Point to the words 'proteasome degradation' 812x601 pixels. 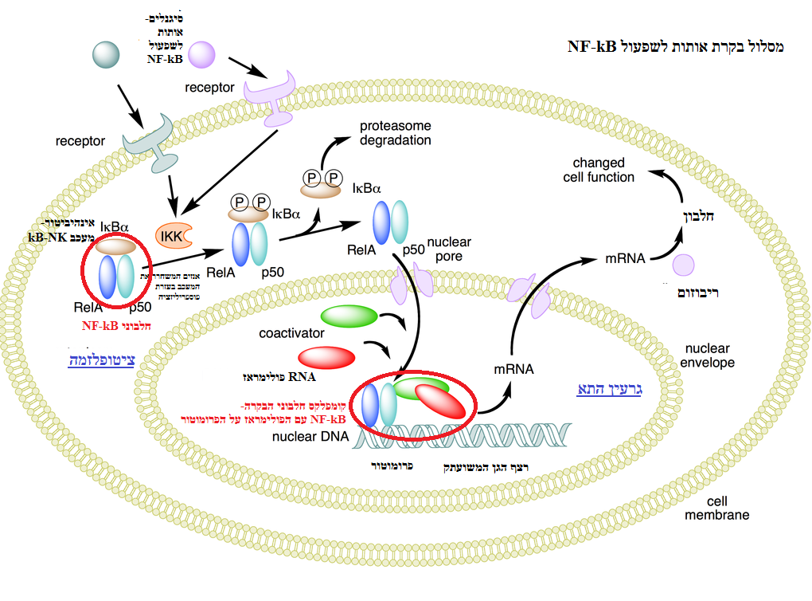[x=395, y=133]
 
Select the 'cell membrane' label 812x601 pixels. [x=716, y=509]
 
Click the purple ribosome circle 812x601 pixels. [x=684, y=266]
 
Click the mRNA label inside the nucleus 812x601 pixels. [x=513, y=369]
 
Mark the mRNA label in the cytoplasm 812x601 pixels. [x=625, y=257]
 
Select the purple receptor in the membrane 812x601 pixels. [x=271, y=96]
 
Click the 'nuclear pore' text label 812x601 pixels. [x=449, y=249]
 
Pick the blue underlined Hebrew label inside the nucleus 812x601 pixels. [x=607, y=389]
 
